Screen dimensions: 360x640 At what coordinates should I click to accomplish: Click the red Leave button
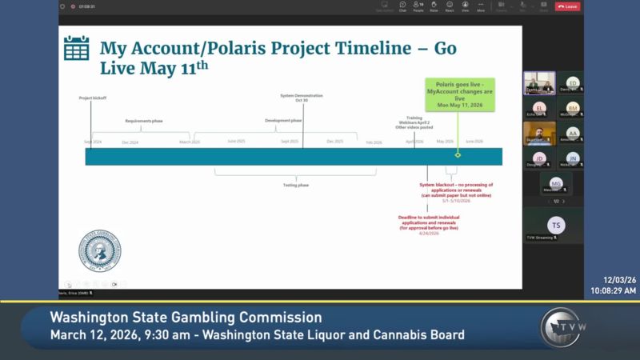click(567, 6)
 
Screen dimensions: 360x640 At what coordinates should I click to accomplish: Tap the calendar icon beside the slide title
click(76, 49)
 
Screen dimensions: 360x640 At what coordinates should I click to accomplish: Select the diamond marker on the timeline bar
click(458, 155)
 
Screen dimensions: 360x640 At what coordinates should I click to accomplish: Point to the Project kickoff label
click(93, 98)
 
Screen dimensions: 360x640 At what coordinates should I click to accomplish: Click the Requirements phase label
click(143, 121)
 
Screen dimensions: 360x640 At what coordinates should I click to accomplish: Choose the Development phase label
click(283, 121)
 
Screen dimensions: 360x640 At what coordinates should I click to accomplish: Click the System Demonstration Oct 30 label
click(301, 98)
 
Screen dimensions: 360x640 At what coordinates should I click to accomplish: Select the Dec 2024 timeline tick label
click(130, 142)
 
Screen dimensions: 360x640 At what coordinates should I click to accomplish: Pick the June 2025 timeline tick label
click(236, 141)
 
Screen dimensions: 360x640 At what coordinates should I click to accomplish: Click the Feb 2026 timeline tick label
click(374, 142)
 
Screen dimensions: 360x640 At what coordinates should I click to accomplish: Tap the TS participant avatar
click(555, 225)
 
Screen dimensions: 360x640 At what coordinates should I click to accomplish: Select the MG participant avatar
click(555, 184)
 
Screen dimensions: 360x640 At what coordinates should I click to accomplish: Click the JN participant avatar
click(573, 158)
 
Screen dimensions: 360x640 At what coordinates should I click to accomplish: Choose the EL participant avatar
click(539, 107)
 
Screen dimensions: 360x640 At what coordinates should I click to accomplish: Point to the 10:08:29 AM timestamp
click(614, 291)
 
